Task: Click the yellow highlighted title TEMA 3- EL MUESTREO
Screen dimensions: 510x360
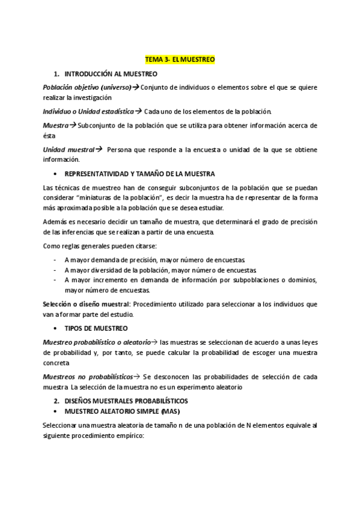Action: [x=180, y=60]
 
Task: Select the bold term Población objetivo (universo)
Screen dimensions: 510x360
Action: [x=87, y=87]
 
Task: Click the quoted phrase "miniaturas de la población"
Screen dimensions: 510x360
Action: [x=126, y=197]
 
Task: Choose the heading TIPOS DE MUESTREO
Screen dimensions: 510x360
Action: [x=96, y=328]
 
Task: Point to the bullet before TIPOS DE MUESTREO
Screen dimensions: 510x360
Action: [x=55, y=329]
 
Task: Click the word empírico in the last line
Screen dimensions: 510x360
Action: [x=126, y=436]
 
